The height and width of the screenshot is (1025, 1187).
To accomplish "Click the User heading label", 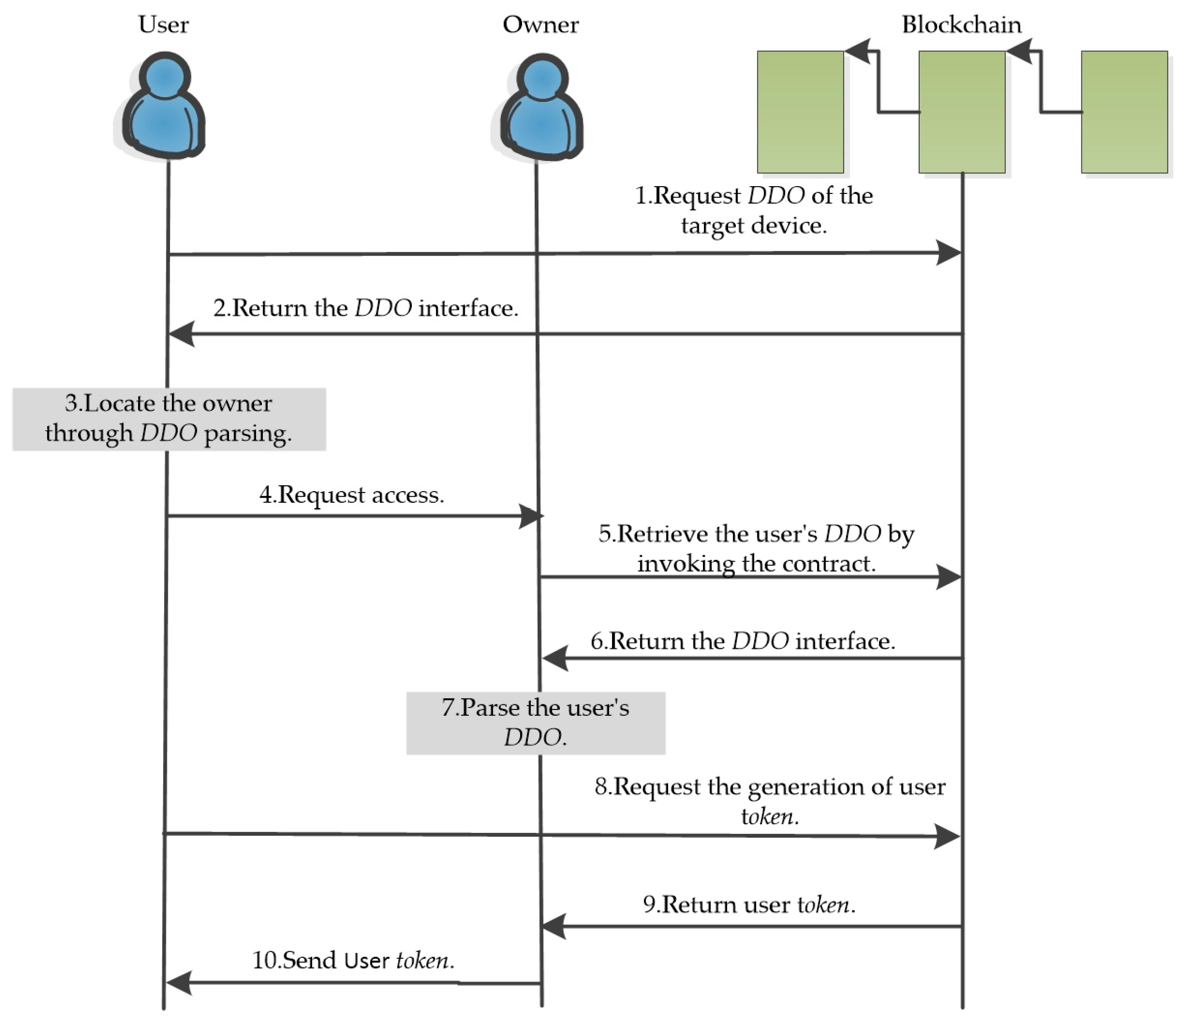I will point(164,25).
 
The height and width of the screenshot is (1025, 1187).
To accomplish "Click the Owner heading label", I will point(540,25).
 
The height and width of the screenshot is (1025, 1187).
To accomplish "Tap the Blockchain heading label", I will point(962,25).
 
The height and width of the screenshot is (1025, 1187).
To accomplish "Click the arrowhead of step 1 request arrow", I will point(949,253).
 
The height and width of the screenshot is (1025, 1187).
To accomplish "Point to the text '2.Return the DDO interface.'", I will point(366,308).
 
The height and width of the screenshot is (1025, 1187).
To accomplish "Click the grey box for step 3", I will point(169,419).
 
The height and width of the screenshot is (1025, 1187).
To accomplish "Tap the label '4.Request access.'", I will point(352,494).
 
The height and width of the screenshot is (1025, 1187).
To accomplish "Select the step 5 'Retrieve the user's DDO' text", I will point(756,548).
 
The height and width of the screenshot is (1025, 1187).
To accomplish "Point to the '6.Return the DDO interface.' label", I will point(742,640).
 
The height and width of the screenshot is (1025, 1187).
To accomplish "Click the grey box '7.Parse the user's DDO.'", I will point(536,722).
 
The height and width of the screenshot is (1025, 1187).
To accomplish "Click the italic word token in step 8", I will point(769,816).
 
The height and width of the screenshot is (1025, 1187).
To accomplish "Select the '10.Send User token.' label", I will point(353,960).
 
